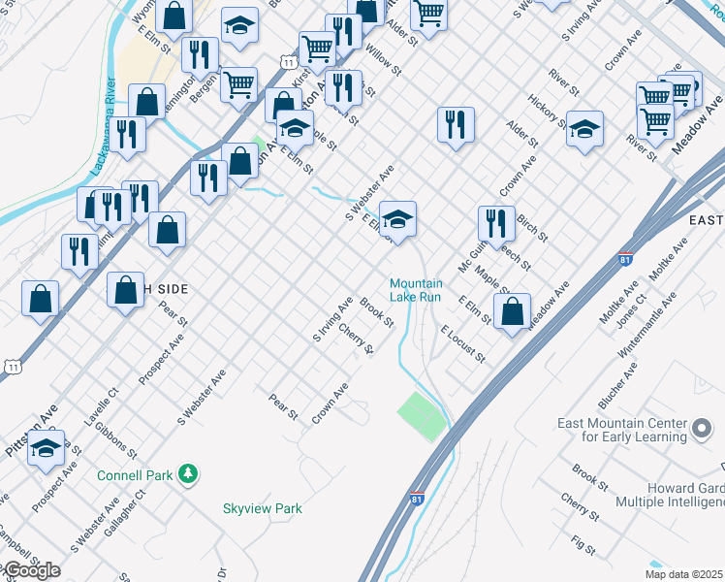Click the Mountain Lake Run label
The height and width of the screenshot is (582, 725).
[x=416, y=289]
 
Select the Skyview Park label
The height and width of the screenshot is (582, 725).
[x=263, y=508]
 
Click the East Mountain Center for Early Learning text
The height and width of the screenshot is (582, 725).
[x=621, y=430]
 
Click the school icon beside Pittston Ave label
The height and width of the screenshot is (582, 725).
[x=47, y=448]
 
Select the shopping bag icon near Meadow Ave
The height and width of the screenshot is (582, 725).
[x=513, y=312]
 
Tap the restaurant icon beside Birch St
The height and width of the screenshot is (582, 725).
[x=496, y=224]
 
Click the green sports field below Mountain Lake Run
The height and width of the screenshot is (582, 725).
[x=421, y=414]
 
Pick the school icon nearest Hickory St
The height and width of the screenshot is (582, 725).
[x=584, y=129]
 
